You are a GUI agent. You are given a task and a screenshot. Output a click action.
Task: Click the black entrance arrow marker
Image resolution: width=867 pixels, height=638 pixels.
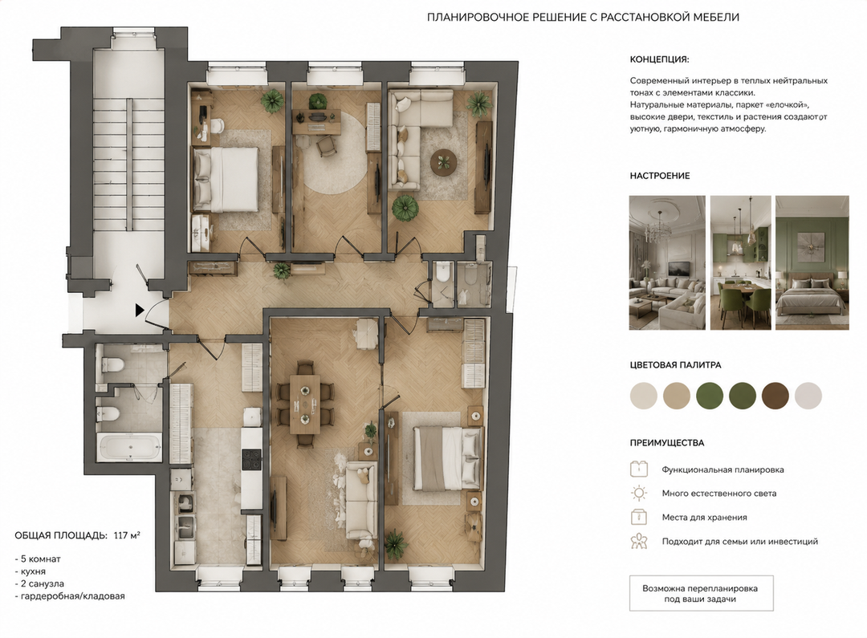click(140, 310)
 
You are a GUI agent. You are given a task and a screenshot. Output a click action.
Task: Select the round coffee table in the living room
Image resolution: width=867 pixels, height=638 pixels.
click(443, 162)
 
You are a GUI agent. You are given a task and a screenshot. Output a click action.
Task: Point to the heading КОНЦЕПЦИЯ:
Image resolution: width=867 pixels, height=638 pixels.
click(660, 59)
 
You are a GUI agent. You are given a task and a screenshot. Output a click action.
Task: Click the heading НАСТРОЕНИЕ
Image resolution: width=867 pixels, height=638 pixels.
click(660, 176)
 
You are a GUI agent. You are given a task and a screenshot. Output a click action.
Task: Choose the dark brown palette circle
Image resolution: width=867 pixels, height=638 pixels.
click(775, 396)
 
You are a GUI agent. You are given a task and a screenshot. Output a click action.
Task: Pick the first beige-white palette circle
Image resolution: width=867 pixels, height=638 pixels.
click(644, 396)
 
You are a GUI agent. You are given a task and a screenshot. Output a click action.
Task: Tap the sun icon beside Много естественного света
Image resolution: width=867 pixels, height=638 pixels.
click(639, 494)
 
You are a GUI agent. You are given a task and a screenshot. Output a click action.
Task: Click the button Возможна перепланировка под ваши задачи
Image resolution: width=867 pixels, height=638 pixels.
click(701, 594)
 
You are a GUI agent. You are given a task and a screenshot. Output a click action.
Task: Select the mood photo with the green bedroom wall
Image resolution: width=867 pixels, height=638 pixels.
click(812, 262)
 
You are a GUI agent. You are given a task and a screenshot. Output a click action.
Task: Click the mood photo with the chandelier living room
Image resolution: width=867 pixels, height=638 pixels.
click(667, 262)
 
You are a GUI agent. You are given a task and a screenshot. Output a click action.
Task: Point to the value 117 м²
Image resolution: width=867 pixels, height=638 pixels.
click(127, 535)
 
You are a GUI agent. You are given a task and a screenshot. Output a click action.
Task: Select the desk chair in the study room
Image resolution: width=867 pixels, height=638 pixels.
click(326, 144)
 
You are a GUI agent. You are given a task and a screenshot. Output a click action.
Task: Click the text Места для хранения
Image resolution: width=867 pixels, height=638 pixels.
click(705, 518)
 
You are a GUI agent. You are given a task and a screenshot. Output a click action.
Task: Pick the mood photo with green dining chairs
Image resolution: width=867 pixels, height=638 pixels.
click(740, 262)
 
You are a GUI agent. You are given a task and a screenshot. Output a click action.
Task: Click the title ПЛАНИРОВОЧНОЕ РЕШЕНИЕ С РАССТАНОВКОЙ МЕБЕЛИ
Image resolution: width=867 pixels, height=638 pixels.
click(584, 17)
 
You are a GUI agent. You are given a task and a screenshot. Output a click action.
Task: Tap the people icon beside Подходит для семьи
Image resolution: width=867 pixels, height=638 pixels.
click(639, 541)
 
